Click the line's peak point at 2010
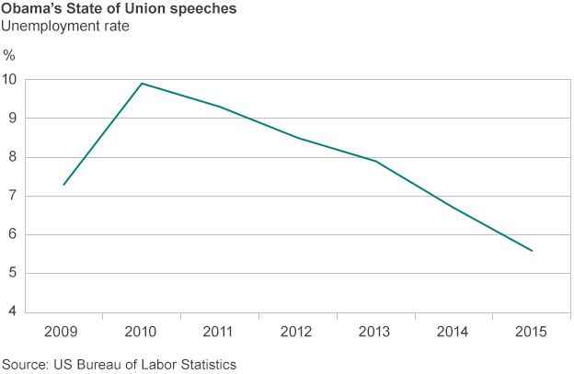pos(141,84)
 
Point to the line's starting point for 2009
pos(63,185)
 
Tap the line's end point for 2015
pos(532,251)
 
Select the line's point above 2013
pos(375,162)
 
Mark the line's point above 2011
pos(219,107)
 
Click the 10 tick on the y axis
pos(9,79)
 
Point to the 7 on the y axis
pos(12,196)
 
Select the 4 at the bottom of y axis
pos(12,312)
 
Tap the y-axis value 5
pos(12,274)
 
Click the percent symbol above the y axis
pos(10,55)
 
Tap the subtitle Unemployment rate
pos(64,26)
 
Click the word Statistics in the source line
pos(207,364)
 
